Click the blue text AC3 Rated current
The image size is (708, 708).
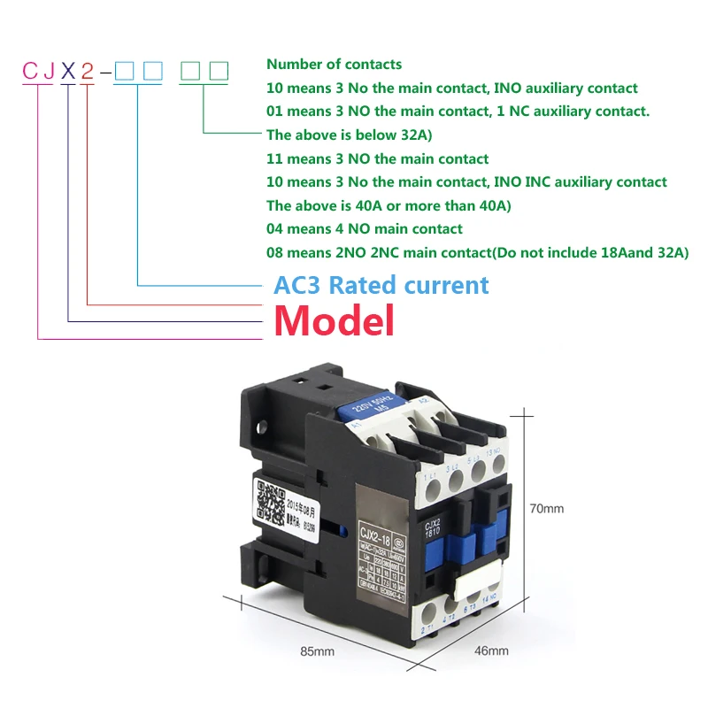(381, 285)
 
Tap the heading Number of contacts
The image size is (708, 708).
(334, 64)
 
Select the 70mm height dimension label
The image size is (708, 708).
(546, 509)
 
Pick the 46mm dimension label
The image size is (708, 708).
(492, 651)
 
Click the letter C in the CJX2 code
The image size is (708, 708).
(27, 72)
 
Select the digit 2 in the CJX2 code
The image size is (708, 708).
(88, 72)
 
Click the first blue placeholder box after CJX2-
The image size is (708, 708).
(125, 71)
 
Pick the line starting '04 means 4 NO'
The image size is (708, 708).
(365, 229)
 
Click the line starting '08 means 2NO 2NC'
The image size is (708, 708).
(477, 253)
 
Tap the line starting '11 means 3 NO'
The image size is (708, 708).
(377, 159)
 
